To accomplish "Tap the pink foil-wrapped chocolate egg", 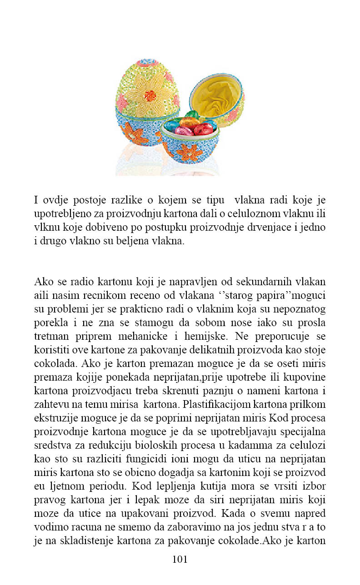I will pos(184,131).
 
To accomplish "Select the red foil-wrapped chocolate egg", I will pos(203,129).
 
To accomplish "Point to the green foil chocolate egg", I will pos(192,114).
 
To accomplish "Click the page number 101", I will pos(180,559).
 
